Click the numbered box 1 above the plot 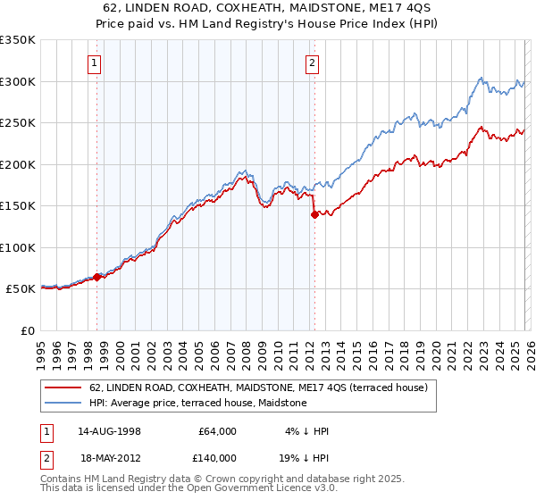95,62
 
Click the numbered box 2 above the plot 312,62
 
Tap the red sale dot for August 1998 97,277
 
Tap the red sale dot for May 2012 314,214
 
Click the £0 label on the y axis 28,330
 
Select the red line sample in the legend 63,387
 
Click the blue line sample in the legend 63,404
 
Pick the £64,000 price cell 217,431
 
